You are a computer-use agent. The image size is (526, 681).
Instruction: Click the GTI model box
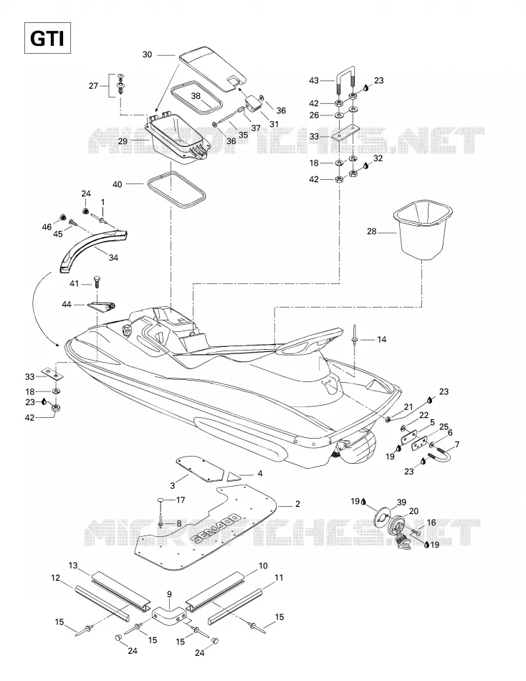click(47, 39)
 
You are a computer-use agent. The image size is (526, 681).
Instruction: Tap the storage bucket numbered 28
click(423, 230)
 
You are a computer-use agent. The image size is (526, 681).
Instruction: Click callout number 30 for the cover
click(147, 54)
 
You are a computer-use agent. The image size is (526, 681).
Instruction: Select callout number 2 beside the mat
click(297, 504)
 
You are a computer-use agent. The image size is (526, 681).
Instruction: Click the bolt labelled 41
click(97, 281)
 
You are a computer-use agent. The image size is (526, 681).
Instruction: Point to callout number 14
click(381, 339)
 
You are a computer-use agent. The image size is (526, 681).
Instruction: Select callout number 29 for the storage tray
click(123, 142)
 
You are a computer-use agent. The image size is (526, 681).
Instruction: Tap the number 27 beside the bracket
click(93, 86)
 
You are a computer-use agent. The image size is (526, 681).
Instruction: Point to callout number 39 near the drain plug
click(402, 503)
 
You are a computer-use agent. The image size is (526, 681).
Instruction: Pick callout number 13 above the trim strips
click(73, 566)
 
